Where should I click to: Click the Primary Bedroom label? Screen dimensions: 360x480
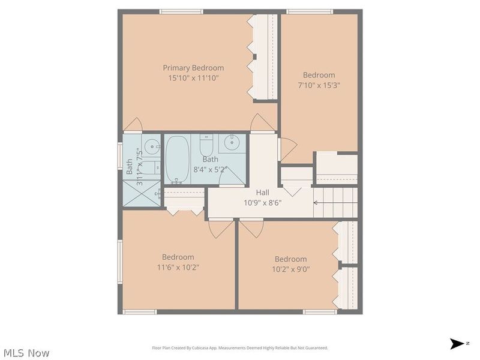(x=193, y=68)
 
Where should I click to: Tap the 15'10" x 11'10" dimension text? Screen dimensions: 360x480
(x=193, y=78)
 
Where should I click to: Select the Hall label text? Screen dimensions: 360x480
(x=262, y=192)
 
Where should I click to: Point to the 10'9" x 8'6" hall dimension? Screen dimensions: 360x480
(x=262, y=202)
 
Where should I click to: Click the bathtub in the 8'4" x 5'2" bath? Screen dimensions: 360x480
(x=176, y=158)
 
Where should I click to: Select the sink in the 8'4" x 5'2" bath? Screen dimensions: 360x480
(x=232, y=143)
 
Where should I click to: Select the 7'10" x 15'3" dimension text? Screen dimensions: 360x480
(x=319, y=85)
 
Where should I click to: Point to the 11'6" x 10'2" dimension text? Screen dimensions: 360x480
(x=178, y=268)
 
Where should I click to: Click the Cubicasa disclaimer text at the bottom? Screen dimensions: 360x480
(x=239, y=348)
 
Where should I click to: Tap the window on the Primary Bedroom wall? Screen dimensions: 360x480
(x=181, y=11)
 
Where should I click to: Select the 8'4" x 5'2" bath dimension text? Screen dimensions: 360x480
(x=210, y=170)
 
